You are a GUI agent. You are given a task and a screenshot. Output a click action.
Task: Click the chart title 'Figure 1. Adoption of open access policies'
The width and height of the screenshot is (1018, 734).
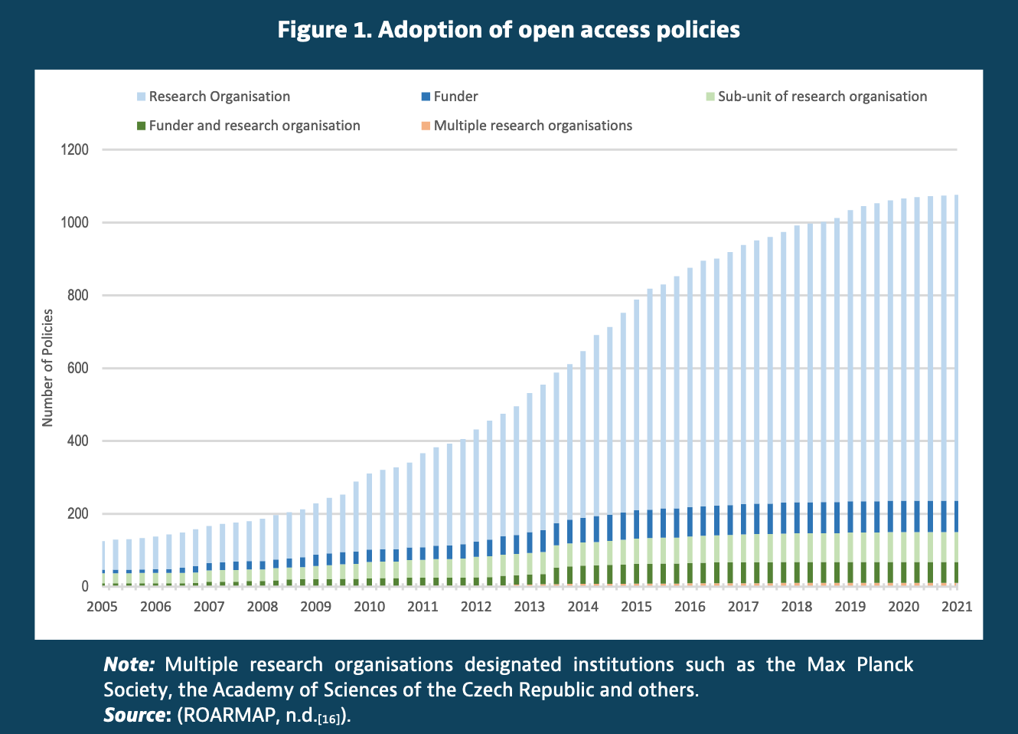pyautogui.click(x=508, y=30)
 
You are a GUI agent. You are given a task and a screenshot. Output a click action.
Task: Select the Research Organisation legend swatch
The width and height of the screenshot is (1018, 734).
pyautogui.click(x=141, y=97)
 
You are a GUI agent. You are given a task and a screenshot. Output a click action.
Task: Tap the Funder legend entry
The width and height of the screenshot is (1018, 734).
pyautogui.click(x=455, y=97)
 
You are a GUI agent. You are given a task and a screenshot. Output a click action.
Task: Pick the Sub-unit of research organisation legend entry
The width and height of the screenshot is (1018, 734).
pyautogui.click(x=822, y=97)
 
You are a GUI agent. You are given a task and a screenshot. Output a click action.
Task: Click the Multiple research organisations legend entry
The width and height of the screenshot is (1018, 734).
pyautogui.click(x=533, y=126)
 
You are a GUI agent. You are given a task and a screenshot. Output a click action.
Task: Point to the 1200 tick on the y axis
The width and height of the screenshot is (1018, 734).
pyautogui.click(x=75, y=150)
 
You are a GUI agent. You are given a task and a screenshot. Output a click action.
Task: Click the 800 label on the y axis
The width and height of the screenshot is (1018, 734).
pyautogui.click(x=78, y=296)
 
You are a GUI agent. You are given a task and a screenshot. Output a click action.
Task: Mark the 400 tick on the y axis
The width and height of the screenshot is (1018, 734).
pyautogui.click(x=78, y=441)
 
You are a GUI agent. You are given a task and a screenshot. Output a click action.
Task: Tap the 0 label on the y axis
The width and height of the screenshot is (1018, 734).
pyautogui.click(x=84, y=587)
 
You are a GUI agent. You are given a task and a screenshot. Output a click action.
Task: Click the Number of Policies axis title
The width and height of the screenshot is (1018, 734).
pyautogui.click(x=48, y=368)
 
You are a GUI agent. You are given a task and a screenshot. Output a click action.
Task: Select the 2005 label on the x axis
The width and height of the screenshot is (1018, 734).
pyautogui.click(x=102, y=607)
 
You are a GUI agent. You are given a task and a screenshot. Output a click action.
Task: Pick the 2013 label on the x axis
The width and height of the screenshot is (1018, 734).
pyautogui.click(x=529, y=607)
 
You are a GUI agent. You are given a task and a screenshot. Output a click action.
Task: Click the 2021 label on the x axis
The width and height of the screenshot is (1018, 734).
pyautogui.click(x=956, y=607)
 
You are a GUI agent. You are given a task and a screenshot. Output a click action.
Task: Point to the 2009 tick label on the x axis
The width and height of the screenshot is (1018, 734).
pyautogui.click(x=315, y=607)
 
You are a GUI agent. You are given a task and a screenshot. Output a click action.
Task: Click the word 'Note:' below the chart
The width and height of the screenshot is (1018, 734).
pyautogui.click(x=129, y=664)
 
